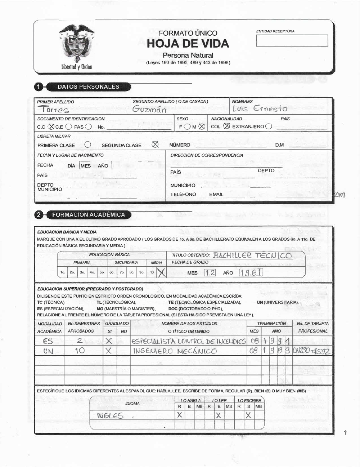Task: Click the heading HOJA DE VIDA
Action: (188, 44)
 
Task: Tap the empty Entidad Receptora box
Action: (292, 41)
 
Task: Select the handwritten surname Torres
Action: (54, 110)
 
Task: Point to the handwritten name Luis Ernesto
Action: (260, 108)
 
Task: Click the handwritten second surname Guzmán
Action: (149, 109)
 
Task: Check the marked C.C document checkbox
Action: (51, 126)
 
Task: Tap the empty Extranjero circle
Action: (268, 126)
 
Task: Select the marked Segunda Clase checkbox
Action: (155, 144)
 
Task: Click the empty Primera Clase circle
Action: (88, 144)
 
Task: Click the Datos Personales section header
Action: (88, 86)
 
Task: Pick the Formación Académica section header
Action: (89, 215)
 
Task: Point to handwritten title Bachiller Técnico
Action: (252, 256)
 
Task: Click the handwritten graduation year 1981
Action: (251, 273)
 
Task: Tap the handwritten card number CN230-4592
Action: (312, 351)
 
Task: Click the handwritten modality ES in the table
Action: (48, 341)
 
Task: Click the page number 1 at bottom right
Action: (345, 433)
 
